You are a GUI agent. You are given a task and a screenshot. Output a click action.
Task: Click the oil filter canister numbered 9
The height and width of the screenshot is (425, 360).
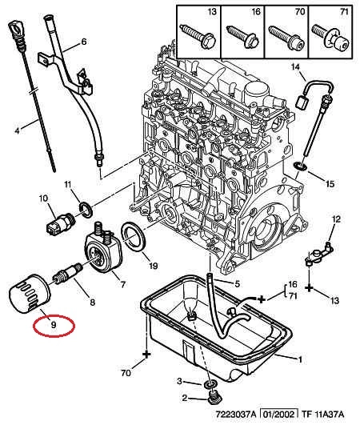coord(30,295)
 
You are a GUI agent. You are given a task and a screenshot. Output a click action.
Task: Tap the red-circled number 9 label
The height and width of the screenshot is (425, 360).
coord(54,324)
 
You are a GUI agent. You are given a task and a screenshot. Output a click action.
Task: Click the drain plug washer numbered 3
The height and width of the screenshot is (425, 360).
coord(209,384)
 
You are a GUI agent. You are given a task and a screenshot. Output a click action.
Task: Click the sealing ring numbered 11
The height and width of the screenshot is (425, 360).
coord(86,210)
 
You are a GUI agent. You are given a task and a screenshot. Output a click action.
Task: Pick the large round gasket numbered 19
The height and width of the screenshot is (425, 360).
coord(134,237)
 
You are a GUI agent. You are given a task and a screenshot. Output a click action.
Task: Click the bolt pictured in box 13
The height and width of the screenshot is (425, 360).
coord(198,36)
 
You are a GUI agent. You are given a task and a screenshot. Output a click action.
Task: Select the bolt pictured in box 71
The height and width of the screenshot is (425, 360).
coord(330,37)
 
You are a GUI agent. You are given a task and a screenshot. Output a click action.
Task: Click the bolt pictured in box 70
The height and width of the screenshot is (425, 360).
coord(286,37)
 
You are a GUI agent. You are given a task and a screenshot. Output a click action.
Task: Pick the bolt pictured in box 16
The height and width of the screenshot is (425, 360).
coord(242,37)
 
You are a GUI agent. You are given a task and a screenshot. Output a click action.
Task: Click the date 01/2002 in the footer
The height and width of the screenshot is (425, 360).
coord(279,415)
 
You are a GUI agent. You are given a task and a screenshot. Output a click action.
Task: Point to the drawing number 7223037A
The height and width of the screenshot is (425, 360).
coord(236,415)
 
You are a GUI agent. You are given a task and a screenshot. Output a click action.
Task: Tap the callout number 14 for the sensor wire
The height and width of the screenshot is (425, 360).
coord(295,66)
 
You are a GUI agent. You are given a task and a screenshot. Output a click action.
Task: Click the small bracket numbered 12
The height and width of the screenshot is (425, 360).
coord(319,255)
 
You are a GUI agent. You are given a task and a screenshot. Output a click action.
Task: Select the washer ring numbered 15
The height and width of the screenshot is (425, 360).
coord(300,166)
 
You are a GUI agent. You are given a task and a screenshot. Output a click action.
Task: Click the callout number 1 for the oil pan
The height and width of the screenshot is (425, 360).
coord(300,359)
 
